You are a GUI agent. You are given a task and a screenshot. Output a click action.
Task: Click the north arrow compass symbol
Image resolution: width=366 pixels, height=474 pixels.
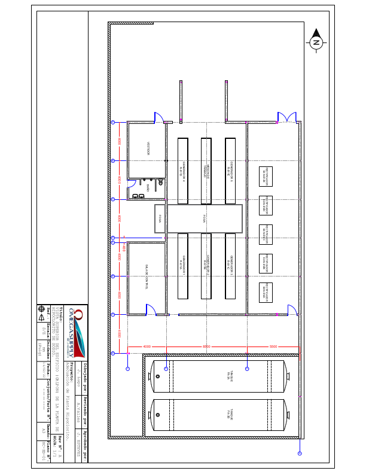(316, 42)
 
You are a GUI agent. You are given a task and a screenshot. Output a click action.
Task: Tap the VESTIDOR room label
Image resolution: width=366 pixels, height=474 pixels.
(148, 148)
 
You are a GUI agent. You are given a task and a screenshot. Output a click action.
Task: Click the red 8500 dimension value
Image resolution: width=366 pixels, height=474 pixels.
(207, 347)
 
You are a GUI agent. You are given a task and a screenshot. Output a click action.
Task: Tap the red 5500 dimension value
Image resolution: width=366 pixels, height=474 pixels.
(273, 347)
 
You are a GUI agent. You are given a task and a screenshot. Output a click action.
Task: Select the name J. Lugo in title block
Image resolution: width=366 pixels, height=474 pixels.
(79, 376)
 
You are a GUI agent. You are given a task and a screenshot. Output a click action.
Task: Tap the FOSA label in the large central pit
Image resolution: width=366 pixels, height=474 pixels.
(205, 218)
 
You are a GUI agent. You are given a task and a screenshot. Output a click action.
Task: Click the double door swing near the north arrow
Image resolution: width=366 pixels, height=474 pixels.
(286, 117)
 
